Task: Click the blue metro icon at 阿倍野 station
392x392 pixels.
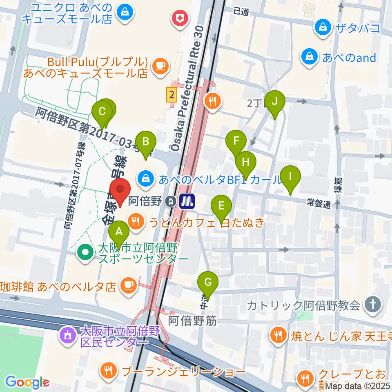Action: coord(188,201)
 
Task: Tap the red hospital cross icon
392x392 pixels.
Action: coord(179,17)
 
